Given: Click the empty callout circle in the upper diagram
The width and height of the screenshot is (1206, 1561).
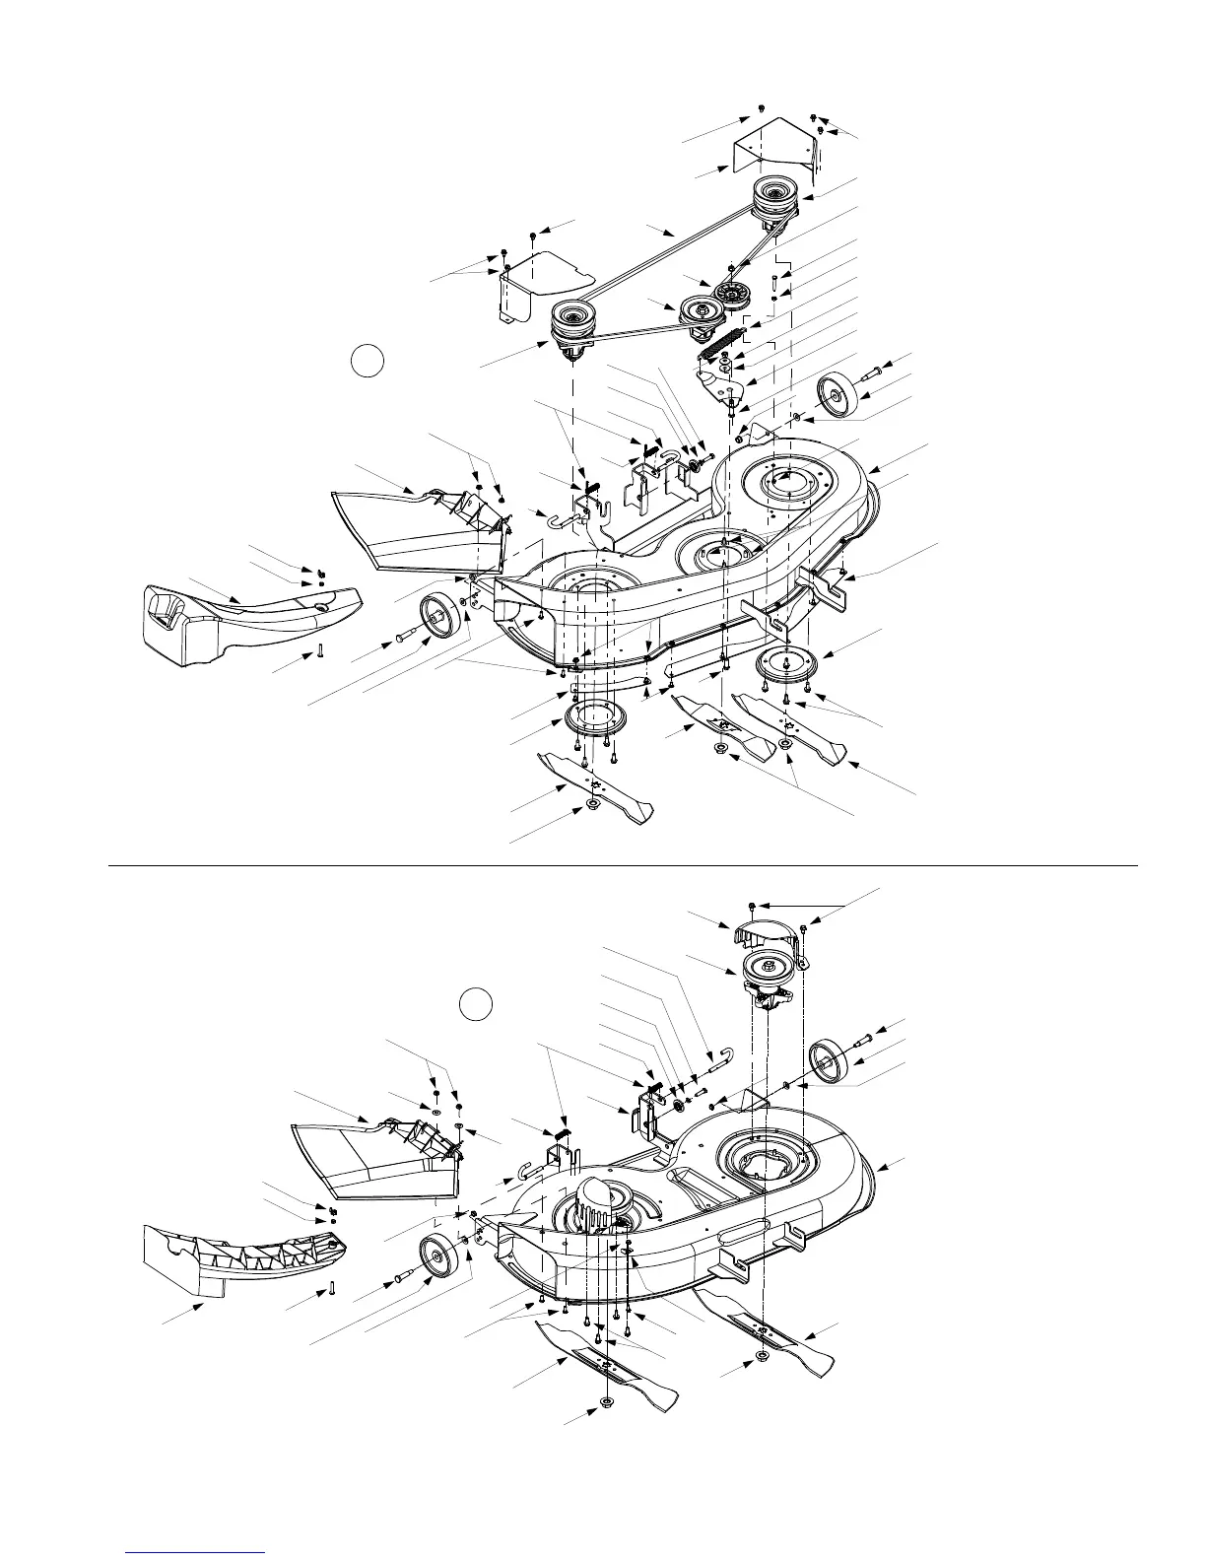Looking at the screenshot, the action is click(x=367, y=362).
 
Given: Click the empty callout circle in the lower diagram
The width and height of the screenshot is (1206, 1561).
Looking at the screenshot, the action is click(x=477, y=1005).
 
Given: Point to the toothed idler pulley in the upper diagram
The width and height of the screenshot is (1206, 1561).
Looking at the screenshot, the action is click(x=731, y=294).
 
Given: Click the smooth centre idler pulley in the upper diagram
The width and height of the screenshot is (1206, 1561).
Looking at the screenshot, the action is click(x=694, y=313).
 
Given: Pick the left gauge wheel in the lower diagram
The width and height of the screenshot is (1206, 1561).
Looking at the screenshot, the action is click(x=435, y=1257).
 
